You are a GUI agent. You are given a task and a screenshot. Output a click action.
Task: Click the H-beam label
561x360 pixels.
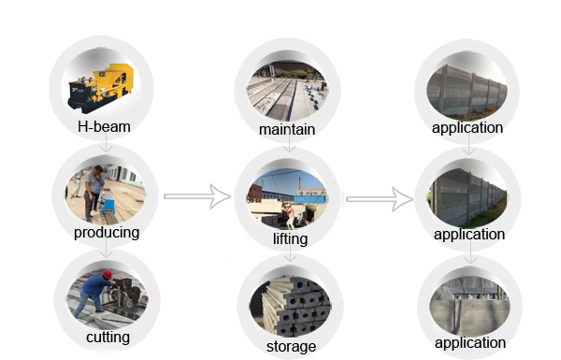(104, 125)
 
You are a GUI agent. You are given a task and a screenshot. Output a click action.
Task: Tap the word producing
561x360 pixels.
(106, 232)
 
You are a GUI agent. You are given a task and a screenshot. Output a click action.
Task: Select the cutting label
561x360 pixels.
(107, 336)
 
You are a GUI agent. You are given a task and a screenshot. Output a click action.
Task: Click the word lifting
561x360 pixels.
(289, 238)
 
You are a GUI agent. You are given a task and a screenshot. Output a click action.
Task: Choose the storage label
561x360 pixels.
(290, 346)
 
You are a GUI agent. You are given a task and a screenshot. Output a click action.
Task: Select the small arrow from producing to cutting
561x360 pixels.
(107, 251)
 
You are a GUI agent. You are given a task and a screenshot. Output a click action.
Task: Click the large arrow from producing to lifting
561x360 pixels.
(196, 195)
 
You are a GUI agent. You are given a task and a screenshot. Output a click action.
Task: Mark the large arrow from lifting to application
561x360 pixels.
(379, 196)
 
